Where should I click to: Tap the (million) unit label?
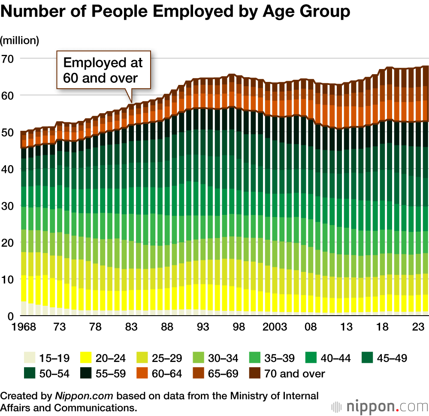20,41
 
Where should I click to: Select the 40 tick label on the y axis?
8,169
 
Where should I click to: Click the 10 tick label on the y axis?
8,279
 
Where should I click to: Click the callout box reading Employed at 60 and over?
103,70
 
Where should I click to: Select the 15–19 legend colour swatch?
28,358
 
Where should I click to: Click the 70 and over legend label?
295,373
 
